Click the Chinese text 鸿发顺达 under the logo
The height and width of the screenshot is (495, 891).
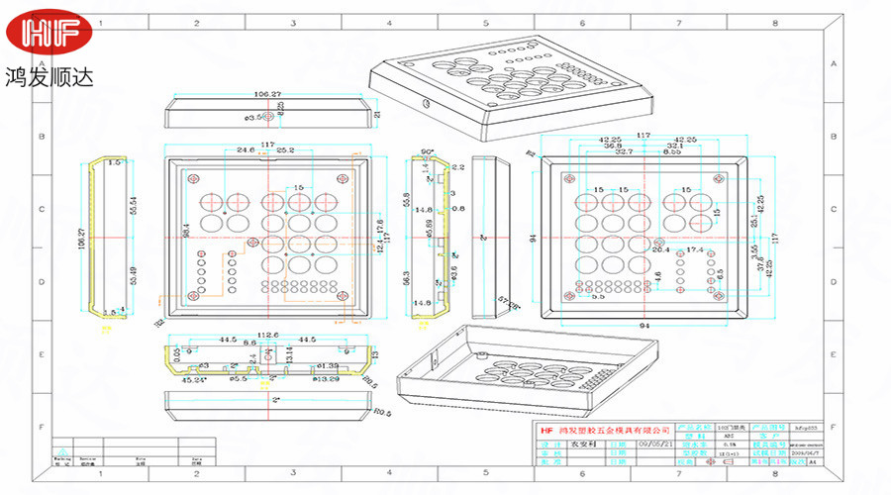pos(49,76)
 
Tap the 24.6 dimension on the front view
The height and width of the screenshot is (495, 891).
pos(245,150)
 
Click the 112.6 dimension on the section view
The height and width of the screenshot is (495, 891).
pos(267,334)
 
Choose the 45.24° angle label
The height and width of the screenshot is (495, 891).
pos(194,378)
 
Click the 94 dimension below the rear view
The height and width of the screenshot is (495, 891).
pos(643,325)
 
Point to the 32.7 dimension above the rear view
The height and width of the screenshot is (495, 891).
pos(625,152)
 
